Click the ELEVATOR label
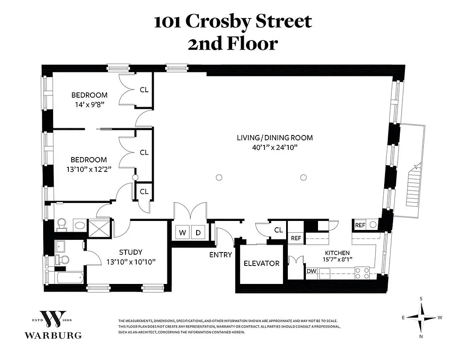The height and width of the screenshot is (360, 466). (x=261, y=263)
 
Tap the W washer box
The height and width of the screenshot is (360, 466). (x=182, y=233)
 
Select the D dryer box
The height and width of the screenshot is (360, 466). (x=198, y=233)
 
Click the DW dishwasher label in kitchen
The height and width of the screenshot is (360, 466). (x=311, y=271)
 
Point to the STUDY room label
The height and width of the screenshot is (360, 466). (x=130, y=252)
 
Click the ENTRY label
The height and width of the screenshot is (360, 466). (x=220, y=255)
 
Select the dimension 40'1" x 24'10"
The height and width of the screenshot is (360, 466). (x=274, y=147)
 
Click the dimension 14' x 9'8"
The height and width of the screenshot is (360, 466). (x=90, y=104)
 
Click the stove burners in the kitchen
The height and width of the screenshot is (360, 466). (x=363, y=272)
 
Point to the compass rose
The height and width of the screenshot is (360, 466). (x=421, y=317)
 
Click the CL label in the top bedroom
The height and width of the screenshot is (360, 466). (x=144, y=90)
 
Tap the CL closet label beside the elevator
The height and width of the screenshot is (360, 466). (x=278, y=230)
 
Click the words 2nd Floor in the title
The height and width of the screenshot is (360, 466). (x=233, y=44)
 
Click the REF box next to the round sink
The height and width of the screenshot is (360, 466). (x=360, y=225)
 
